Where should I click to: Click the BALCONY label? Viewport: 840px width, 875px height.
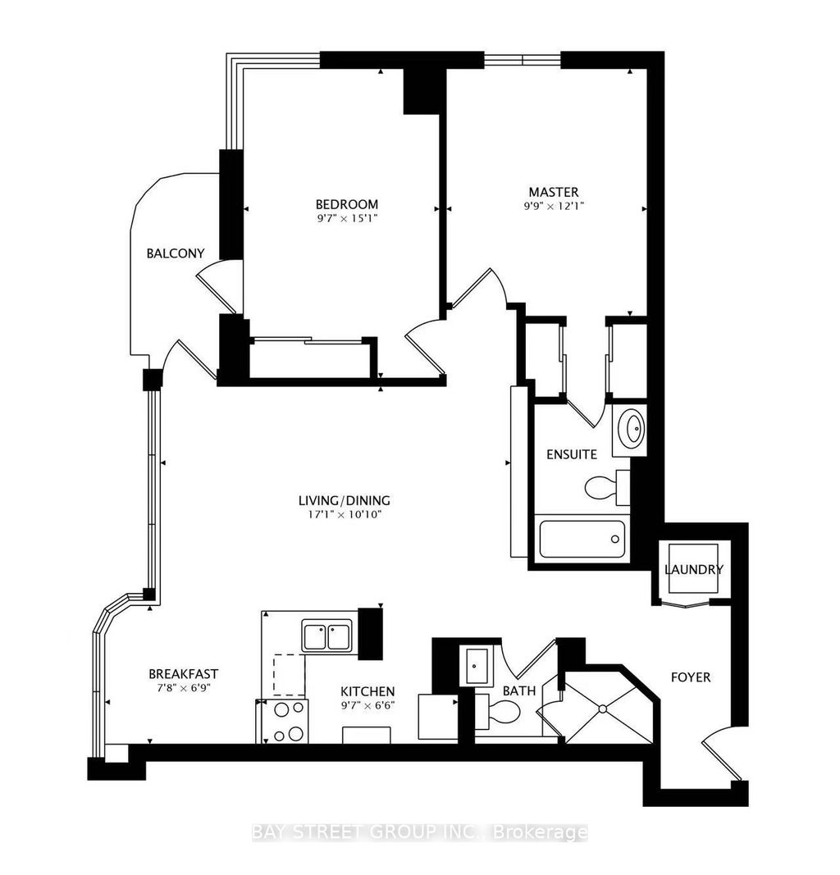[175, 253]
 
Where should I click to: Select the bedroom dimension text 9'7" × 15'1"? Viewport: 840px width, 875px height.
[347, 218]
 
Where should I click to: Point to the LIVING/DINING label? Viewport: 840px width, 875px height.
[344, 500]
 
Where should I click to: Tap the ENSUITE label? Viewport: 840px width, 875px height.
[572, 453]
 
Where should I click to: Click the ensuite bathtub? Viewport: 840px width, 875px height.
[582, 540]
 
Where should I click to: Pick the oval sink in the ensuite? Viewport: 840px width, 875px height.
[632, 426]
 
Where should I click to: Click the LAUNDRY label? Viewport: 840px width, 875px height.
[693, 570]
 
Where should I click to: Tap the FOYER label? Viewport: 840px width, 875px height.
[690, 677]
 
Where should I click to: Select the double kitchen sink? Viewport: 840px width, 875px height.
[326, 636]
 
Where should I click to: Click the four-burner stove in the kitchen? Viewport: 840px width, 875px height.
[283, 722]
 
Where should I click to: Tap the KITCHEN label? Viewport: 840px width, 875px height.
[367, 691]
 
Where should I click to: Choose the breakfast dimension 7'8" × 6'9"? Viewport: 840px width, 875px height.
[183, 688]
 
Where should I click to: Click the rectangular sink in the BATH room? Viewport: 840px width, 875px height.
[476, 664]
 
